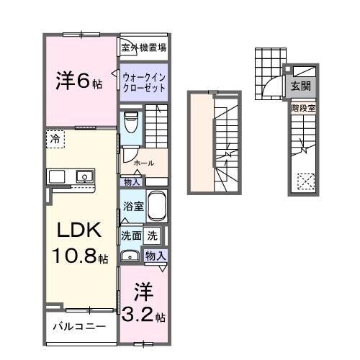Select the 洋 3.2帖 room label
[143, 304]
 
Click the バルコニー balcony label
[79, 326]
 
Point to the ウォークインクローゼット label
[144, 82]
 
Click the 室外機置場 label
[144, 48]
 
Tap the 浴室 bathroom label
[132, 205]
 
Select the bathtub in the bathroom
[157, 207]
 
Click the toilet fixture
[130, 124]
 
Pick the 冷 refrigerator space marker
[55, 137]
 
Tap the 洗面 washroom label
[130, 235]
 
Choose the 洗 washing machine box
[153, 235]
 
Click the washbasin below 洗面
[130, 255]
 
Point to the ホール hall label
[143, 163]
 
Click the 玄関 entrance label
[300, 86]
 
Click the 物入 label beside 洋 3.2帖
[156, 256]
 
